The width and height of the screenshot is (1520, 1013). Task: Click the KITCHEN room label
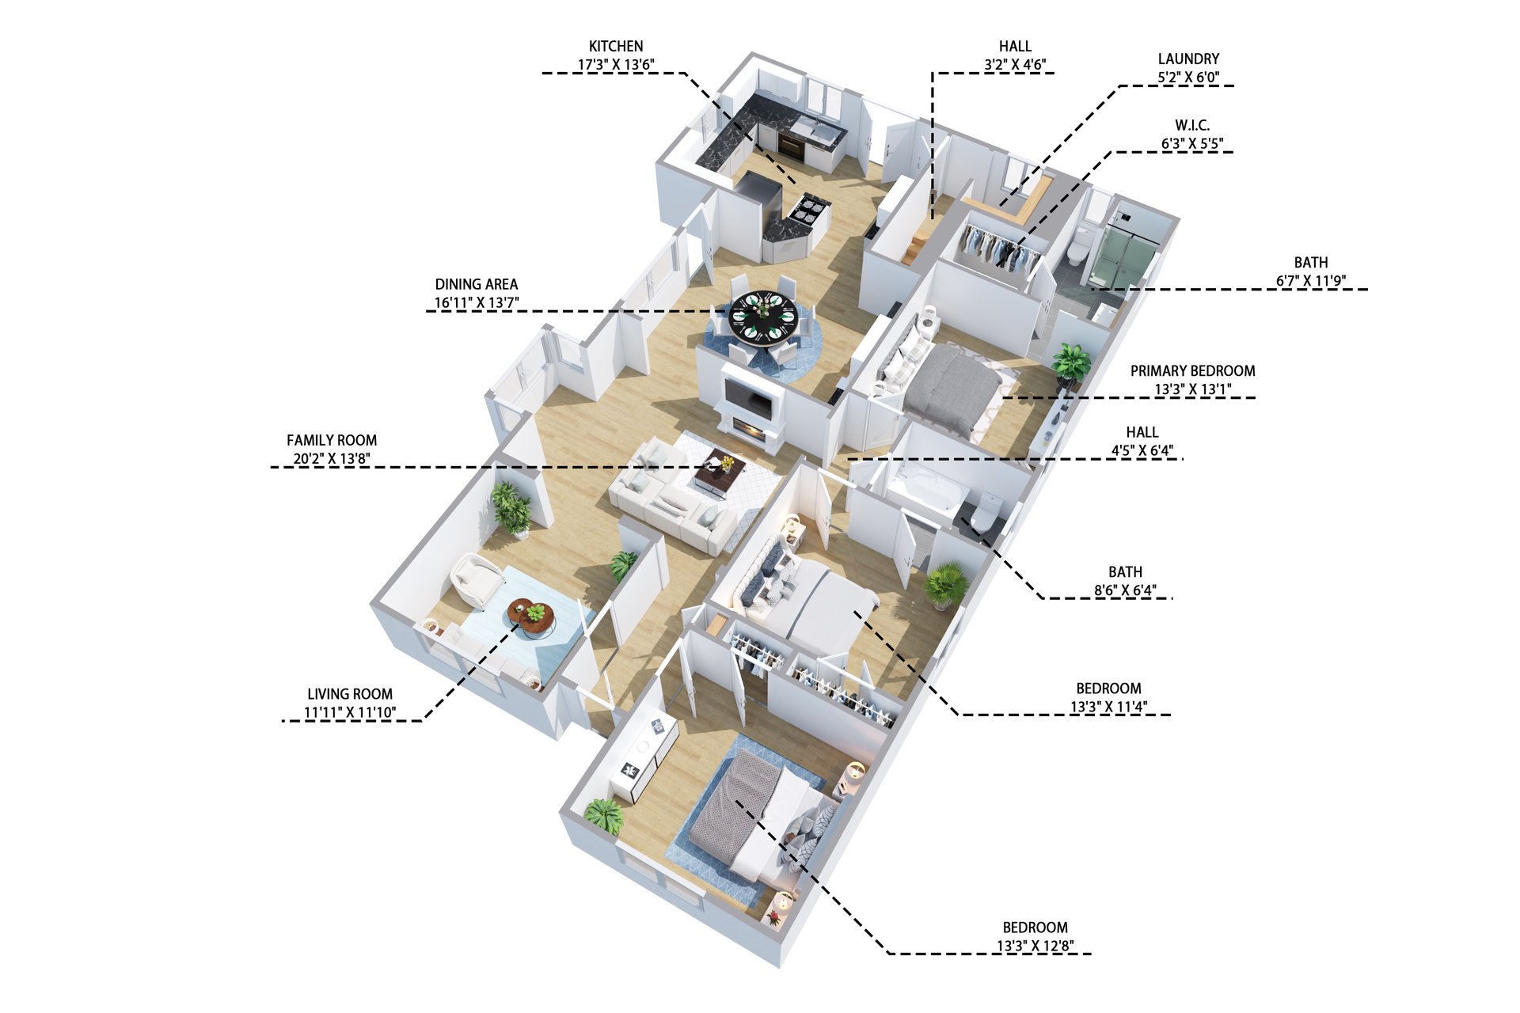(616, 47)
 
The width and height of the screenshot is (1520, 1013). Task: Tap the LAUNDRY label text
(1188, 59)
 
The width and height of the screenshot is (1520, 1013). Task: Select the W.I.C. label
(1192, 125)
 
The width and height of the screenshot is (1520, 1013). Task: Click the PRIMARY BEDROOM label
(1192, 370)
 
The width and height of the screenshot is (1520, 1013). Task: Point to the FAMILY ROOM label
(332, 440)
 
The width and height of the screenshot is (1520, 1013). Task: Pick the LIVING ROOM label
(350, 694)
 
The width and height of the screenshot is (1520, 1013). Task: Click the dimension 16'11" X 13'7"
(477, 302)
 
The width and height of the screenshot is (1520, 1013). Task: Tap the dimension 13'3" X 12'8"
(1035, 946)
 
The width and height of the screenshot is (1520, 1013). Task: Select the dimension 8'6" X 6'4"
(1125, 590)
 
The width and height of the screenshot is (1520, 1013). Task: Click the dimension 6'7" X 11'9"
(1311, 281)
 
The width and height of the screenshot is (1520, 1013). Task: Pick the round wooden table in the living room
(531, 617)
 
